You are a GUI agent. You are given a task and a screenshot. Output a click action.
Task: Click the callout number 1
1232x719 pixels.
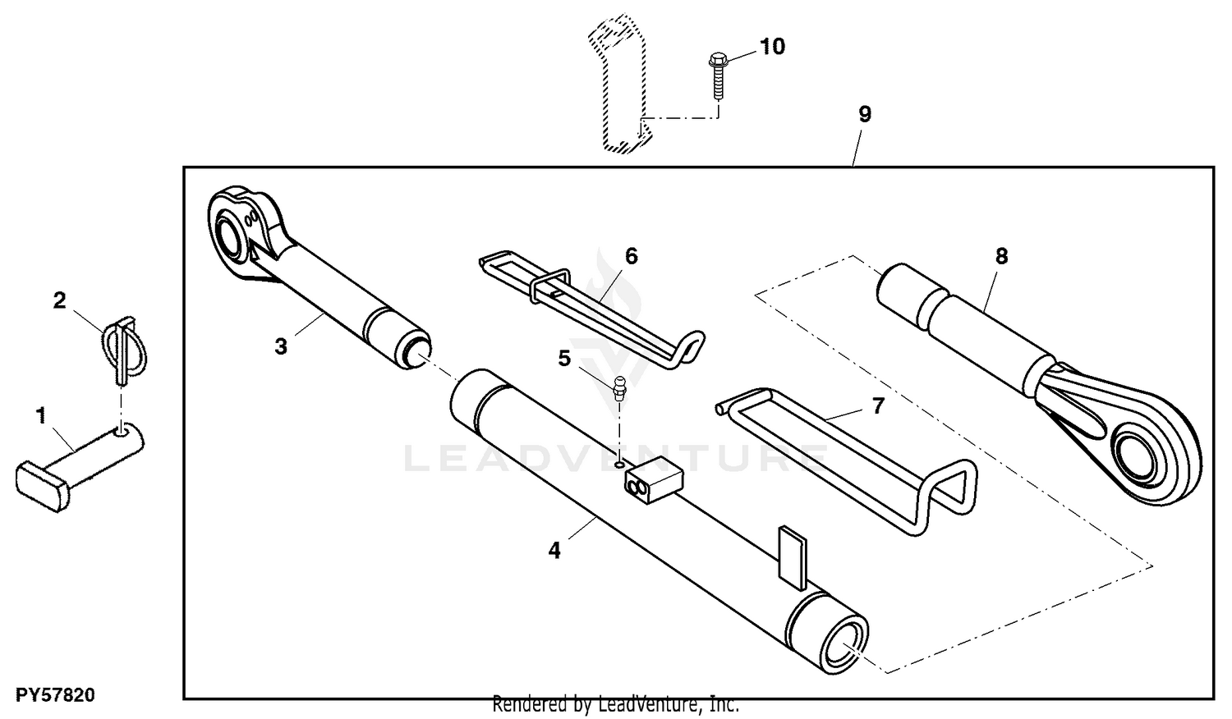coord(41,415)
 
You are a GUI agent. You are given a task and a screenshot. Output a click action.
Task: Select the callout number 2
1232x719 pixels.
coord(59,300)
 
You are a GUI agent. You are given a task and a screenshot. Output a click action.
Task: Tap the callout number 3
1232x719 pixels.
coord(281,347)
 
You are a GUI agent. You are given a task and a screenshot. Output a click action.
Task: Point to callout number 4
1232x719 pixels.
coord(554,550)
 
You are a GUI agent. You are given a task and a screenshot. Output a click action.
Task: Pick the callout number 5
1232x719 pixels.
coord(564,359)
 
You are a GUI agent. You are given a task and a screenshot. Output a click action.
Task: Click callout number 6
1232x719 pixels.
coord(632,256)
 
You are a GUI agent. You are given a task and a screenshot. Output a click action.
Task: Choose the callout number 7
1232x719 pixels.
coord(878,405)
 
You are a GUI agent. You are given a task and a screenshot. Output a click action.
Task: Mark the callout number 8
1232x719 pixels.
coord(1001,256)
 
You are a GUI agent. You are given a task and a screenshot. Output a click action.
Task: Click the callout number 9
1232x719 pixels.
coord(865,114)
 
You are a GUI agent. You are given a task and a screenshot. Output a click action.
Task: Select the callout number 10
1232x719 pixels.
coord(772,47)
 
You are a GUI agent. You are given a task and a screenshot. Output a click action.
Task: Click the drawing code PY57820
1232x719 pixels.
coord(55,695)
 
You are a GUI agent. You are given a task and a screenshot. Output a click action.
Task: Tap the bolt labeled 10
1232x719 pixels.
coord(717,76)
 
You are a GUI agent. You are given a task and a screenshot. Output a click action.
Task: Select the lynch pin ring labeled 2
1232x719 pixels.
coord(124,349)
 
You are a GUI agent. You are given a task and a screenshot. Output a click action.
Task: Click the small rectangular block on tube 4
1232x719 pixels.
coord(654,479)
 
